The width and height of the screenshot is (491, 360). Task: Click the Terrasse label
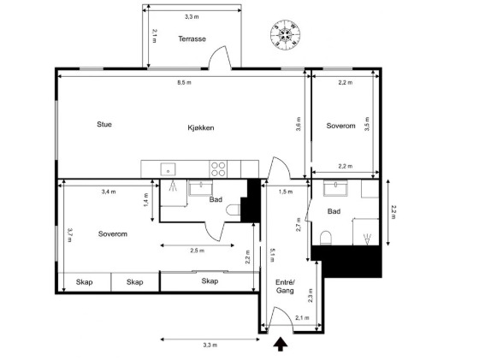pyautogui.click(x=192, y=38)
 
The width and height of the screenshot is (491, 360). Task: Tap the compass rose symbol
pyautogui.click(x=285, y=34)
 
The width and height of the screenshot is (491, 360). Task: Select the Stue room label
pyautogui.click(x=104, y=124)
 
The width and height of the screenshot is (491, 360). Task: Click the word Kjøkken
pyautogui.click(x=201, y=127)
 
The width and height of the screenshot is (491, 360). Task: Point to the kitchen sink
pyautogui.click(x=169, y=169)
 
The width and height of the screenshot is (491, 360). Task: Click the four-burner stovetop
pyautogui.click(x=218, y=169)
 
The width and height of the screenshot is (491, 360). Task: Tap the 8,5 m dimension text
pyautogui.click(x=184, y=83)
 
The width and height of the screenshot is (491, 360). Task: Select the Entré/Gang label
pyautogui.click(x=285, y=286)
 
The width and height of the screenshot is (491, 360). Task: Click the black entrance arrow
pyautogui.click(x=281, y=344)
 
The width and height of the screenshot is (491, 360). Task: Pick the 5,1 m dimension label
pyautogui.click(x=272, y=256)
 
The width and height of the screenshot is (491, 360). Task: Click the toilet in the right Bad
pyautogui.click(x=326, y=238)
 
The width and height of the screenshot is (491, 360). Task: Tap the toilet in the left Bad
pyautogui.click(x=233, y=210)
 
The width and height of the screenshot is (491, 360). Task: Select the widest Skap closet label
pyautogui.click(x=210, y=281)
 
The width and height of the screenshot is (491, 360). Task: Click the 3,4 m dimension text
pyautogui.click(x=109, y=192)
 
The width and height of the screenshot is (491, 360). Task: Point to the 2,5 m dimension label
pyautogui.click(x=198, y=251)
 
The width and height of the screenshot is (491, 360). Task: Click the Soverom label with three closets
pyautogui.click(x=113, y=233)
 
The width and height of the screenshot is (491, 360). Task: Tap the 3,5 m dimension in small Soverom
pyautogui.click(x=367, y=124)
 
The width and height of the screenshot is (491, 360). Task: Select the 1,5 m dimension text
pyautogui.click(x=286, y=192)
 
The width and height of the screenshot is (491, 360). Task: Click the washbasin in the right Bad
pyautogui.click(x=335, y=188)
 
